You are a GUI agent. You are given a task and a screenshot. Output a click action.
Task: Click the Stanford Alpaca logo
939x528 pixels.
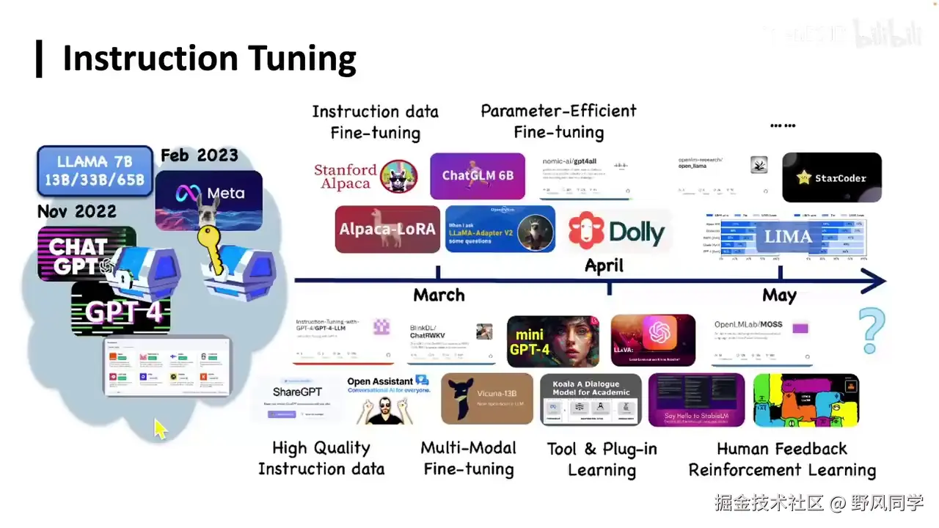tap(365, 177)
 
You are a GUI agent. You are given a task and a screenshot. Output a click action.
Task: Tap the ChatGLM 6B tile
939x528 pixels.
tap(478, 176)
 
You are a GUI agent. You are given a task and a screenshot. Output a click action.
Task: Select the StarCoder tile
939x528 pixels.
tap(832, 177)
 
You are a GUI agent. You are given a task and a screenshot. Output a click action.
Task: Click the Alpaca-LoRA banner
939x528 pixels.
tap(387, 229)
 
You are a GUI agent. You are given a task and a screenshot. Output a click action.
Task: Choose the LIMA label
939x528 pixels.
tap(789, 237)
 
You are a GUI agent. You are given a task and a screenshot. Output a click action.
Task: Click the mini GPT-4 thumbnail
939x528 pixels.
tap(552, 341)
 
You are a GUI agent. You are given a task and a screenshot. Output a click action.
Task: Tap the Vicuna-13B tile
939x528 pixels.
tap(487, 399)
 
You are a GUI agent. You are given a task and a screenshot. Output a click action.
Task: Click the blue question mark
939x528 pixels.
tap(872, 330)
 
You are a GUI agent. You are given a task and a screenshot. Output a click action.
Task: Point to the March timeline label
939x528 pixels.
tap(439, 296)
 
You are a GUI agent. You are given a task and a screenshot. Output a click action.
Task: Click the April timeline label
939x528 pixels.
tap(604, 265)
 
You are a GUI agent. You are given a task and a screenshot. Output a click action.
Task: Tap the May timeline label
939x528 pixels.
tap(779, 296)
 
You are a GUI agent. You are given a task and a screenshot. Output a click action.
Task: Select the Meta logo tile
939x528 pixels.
tap(209, 194)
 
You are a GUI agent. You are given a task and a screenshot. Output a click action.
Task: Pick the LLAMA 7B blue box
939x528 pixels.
tap(95, 170)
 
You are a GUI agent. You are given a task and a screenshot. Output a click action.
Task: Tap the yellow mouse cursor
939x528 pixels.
tap(161, 429)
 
